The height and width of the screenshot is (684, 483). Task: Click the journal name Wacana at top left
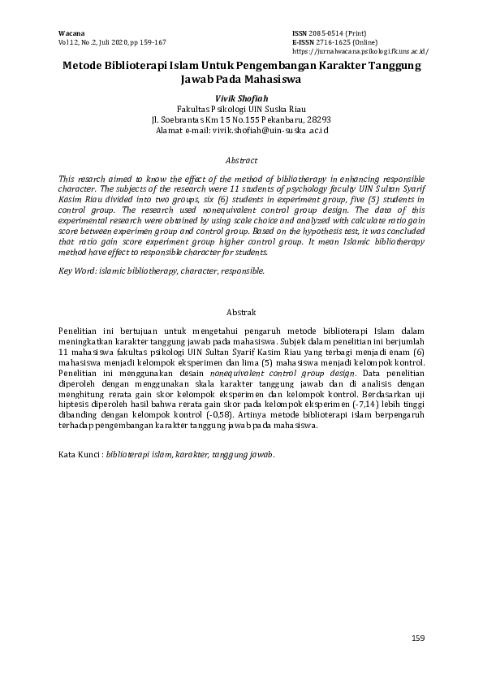71,32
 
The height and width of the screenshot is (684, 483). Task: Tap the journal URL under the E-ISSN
360,50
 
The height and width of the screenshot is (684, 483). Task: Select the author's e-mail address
270,130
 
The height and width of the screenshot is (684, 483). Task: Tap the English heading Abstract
241,161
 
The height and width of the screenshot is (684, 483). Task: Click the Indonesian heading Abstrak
241,312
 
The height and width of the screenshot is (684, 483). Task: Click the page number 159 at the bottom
416,639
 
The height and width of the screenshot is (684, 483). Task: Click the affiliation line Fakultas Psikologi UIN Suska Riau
241,108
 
